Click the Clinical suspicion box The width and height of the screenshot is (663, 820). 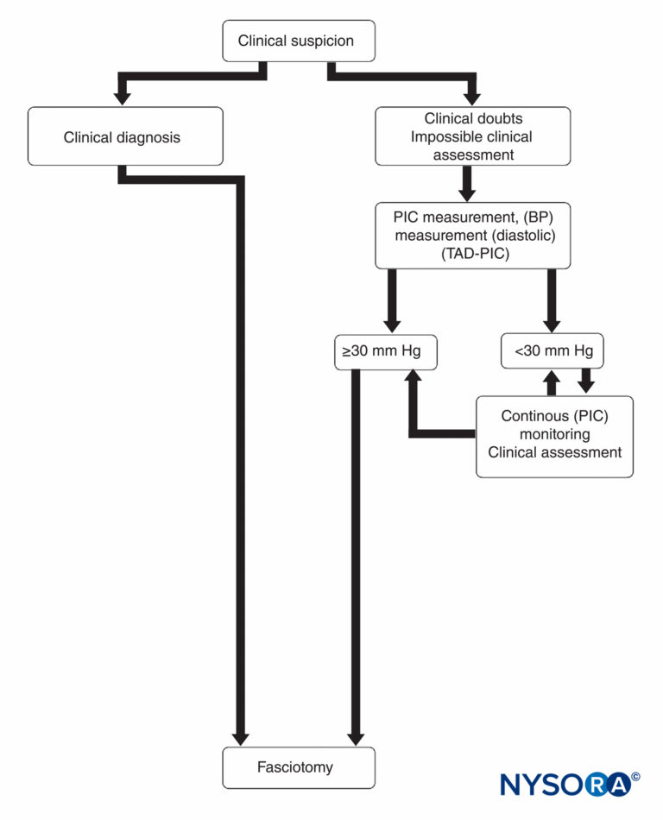[299, 41]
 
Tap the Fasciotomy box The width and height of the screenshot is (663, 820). [299, 766]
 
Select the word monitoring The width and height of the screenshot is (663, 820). [554, 434]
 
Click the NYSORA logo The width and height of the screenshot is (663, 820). [565, 783]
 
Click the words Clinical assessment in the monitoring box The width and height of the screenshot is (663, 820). [554, 452]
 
